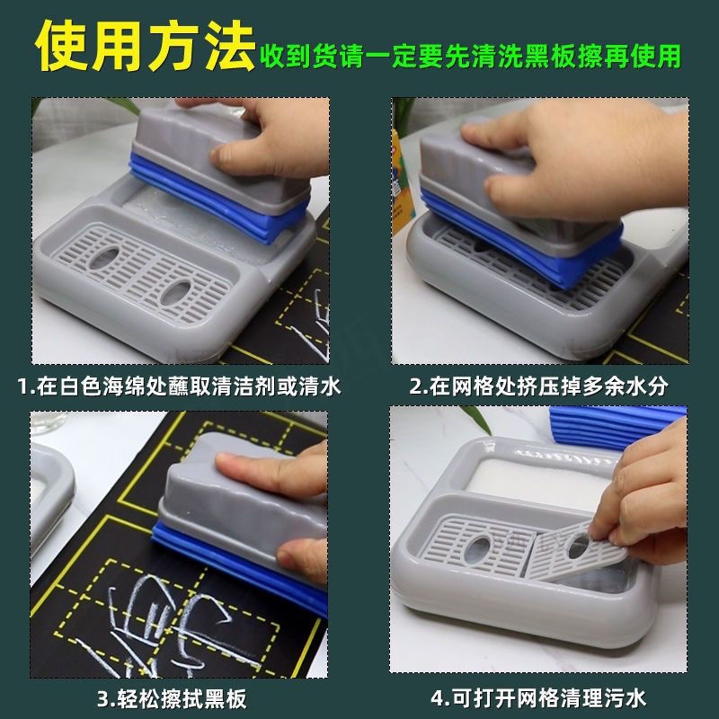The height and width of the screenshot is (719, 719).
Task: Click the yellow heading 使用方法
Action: [145, 46]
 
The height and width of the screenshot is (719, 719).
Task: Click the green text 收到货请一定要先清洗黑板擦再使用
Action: [470, 57]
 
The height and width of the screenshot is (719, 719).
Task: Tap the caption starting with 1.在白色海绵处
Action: [179, 386]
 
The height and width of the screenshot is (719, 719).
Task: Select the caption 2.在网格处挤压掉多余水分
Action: [538, 386]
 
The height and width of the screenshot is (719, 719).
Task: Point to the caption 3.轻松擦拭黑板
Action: [172, 699]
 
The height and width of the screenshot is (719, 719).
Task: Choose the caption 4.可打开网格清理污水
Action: [538, 699]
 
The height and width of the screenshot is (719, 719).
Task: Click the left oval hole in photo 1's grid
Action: [105, 258]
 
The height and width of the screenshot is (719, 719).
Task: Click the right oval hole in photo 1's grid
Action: [175, 292]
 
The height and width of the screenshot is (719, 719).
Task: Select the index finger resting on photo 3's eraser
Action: [271, 475]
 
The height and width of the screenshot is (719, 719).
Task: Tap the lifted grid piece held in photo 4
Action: [573, 553]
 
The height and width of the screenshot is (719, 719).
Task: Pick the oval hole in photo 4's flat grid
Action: [480, 548]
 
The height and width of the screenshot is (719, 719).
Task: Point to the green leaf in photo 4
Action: [477, 418]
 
